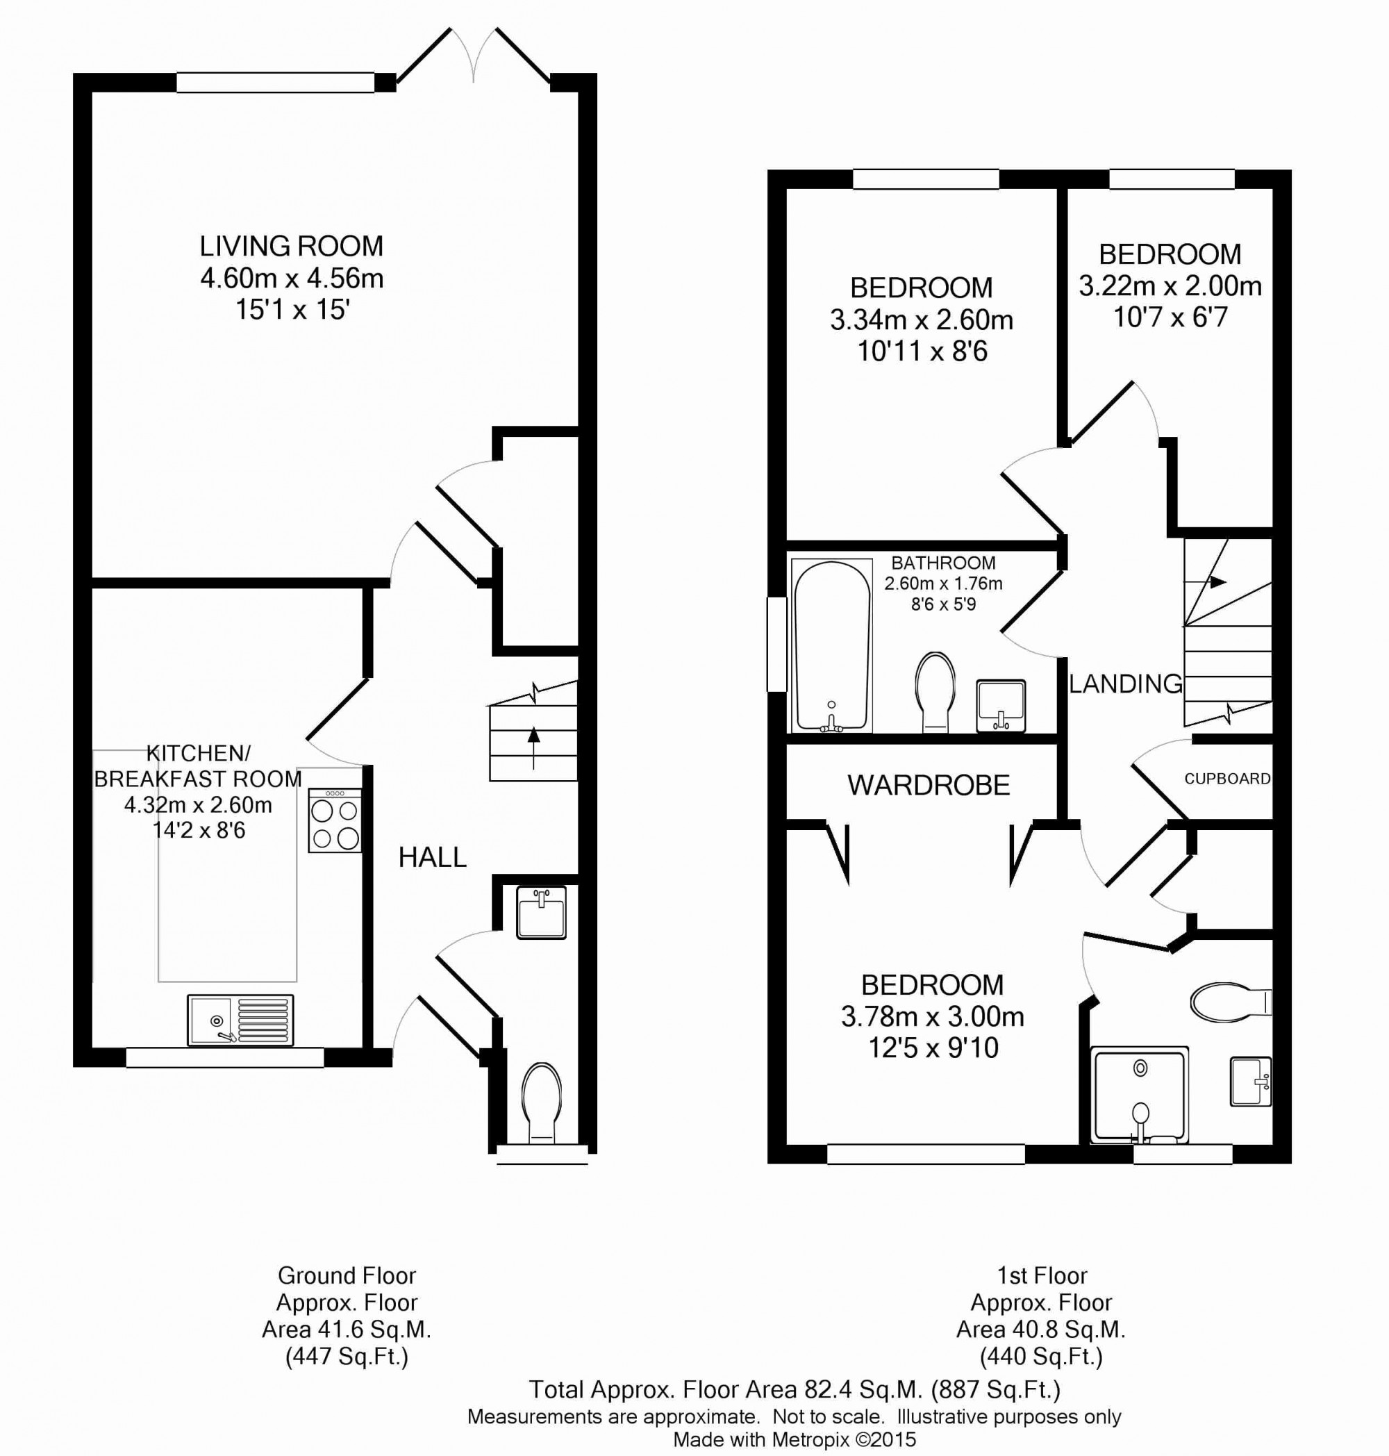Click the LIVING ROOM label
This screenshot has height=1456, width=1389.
click(291, 246)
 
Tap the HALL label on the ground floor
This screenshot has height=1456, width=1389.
click(433, 858)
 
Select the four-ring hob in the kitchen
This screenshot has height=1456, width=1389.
click(335, 820)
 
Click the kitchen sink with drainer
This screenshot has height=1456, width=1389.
click(240, 1020)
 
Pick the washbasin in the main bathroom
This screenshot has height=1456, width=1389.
click(1001, 706)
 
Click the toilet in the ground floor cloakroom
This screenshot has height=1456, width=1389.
click(541, 1102)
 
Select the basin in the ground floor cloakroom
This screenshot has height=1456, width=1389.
click(541, 912)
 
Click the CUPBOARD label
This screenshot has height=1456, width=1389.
click(1227, 778)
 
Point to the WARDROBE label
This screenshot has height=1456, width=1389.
click(929, 785)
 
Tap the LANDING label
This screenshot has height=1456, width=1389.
click(1125, 684)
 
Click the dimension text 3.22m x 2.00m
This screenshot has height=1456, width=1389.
click(1170, 286)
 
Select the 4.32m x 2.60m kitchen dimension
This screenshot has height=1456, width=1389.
click(198, 805)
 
